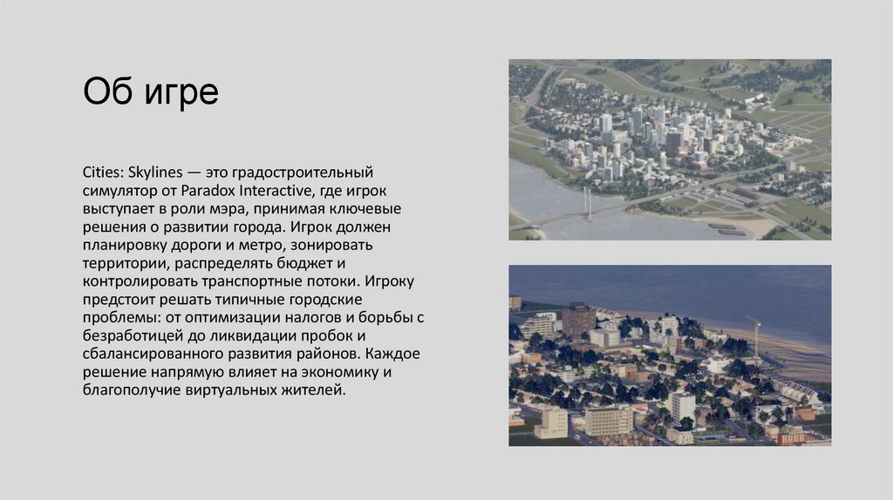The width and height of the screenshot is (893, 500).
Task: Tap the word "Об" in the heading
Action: tap(108, 91)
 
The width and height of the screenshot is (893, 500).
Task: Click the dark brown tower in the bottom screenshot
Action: tap(579, 320)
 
